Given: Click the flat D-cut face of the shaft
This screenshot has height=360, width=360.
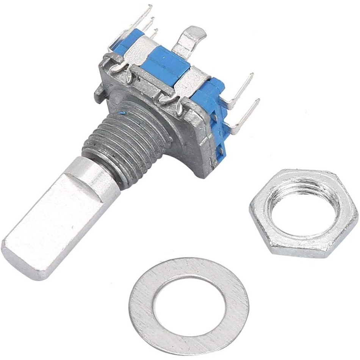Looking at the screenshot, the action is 57,224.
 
